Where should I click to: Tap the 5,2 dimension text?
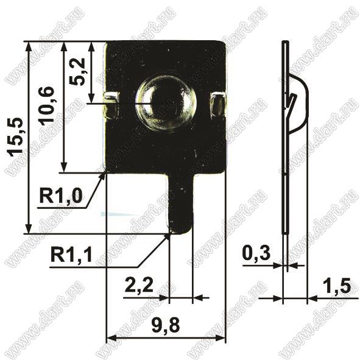[77, 72]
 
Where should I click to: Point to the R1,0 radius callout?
[61, 196]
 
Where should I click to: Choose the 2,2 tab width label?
[139, 285]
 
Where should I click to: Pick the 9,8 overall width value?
[166, 325]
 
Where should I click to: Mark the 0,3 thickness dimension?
[256, 253]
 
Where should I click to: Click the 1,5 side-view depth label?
[337, 286]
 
